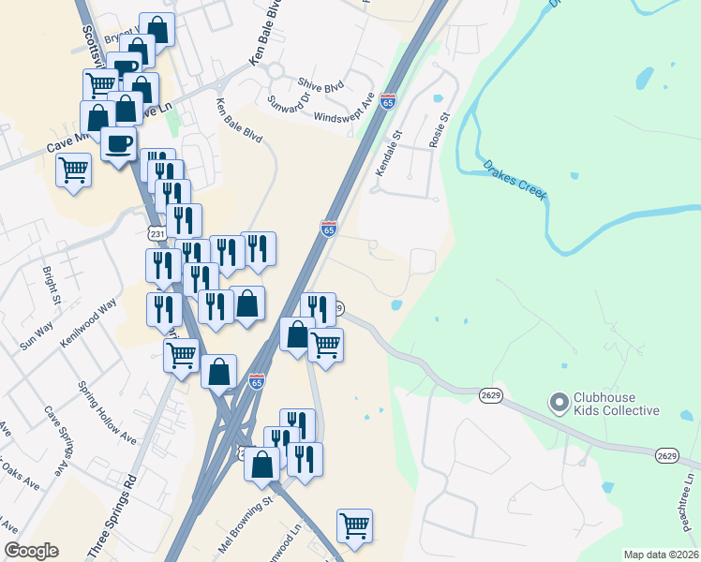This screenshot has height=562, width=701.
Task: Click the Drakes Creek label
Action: coord(515,180)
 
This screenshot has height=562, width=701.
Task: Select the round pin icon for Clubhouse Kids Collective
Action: coord(559,404)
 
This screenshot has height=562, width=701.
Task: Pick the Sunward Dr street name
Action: coord(287,106)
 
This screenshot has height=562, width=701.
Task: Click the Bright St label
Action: coord(51,288)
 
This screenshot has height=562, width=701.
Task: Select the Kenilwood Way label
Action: coord(87,322)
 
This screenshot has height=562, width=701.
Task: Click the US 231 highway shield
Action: coord(157,232)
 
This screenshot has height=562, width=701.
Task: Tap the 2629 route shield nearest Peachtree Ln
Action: coord(666,455)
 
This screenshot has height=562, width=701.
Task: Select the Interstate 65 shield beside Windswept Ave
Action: coord(388,101)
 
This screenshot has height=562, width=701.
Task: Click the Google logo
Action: coord(31,551)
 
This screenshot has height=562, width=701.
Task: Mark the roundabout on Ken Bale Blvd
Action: coord(275,70)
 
